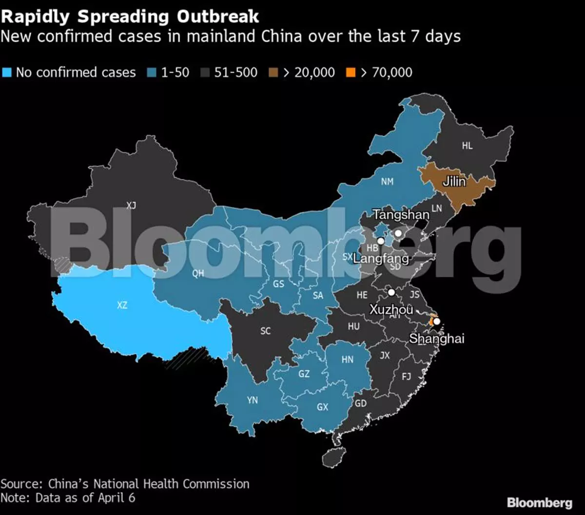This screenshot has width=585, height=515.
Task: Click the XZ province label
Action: pos(122,306)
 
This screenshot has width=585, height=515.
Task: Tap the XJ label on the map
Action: pos(131,206)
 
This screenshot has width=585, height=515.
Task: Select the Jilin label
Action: pos(453,183)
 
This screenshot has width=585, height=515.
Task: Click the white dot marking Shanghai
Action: pos(437,322)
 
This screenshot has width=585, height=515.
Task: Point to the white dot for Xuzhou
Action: pos(391,292)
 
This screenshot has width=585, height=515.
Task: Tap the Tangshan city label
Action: pos(401,214)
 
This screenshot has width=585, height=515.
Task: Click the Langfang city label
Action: pos(380,258)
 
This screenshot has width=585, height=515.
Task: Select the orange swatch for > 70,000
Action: pos(350,73)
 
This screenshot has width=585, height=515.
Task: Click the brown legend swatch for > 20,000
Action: pos(273,73)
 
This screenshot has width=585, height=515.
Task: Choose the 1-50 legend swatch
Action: pos(151,73)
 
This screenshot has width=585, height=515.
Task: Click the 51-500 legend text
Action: pos(235,73)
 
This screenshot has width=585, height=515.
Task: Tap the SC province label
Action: pos(265,331)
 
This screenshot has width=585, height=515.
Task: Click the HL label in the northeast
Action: pos(467,145)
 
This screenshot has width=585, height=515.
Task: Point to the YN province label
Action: pos(252,400)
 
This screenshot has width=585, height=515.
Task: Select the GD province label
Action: pos(361,404)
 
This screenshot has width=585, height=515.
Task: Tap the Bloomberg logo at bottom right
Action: pos(539,502)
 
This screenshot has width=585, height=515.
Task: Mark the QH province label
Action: pos(198,274)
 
